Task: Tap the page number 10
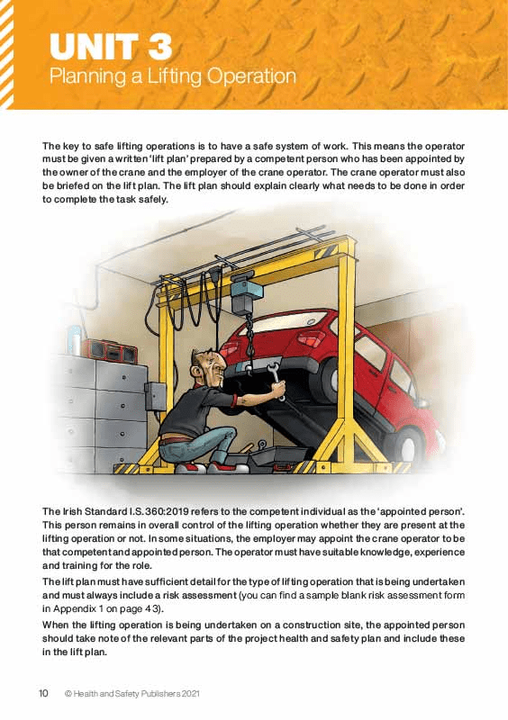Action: pos(43,694)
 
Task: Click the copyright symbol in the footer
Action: pos(68,694)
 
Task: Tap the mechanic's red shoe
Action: pos(219,467)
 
